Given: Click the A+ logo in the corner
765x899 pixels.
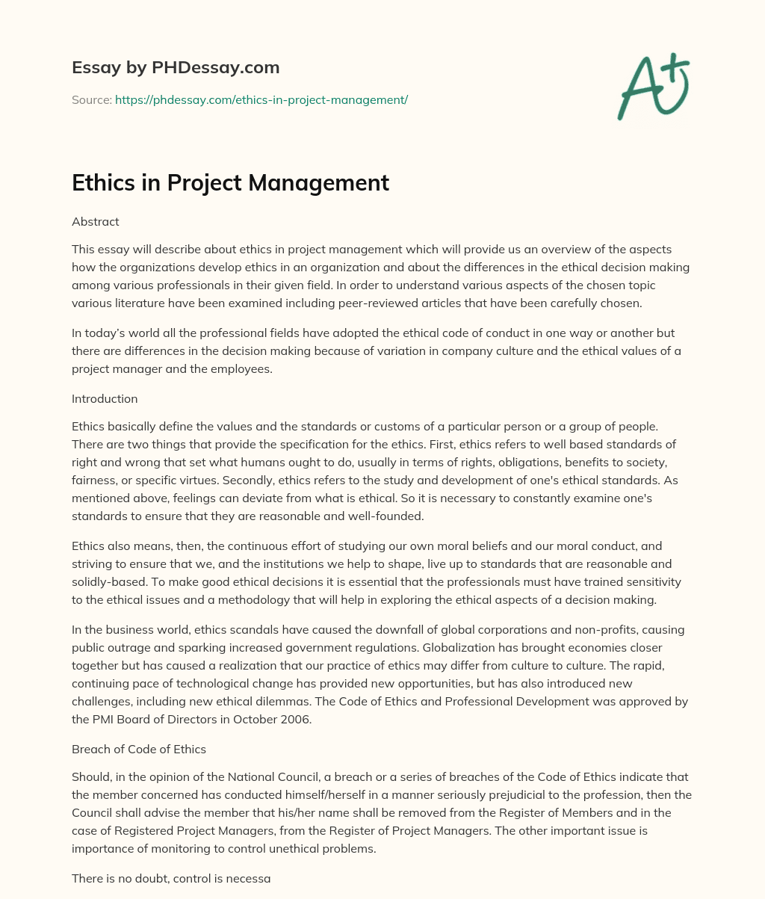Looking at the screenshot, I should point(653,87).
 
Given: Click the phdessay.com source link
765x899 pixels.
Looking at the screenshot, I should point(261,99).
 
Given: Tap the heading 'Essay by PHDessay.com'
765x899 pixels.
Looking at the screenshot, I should point(176,68).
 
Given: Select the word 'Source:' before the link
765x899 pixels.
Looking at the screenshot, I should point(91,99).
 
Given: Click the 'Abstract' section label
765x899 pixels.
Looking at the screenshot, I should point(96,222).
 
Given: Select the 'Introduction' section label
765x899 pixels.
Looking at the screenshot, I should point(105,398).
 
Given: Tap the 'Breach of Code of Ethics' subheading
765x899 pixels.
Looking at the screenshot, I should point(139,749).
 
